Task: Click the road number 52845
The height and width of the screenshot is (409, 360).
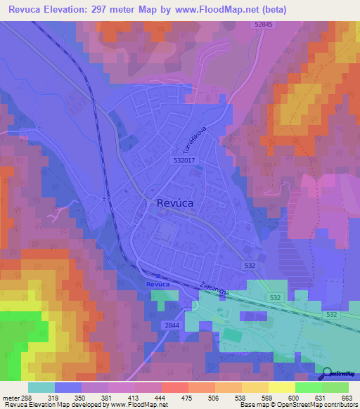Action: coord(262,25)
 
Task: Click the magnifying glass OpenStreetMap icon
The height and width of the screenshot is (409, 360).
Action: coord(328,374)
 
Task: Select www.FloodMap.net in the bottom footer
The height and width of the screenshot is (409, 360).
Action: coord(132,405)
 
